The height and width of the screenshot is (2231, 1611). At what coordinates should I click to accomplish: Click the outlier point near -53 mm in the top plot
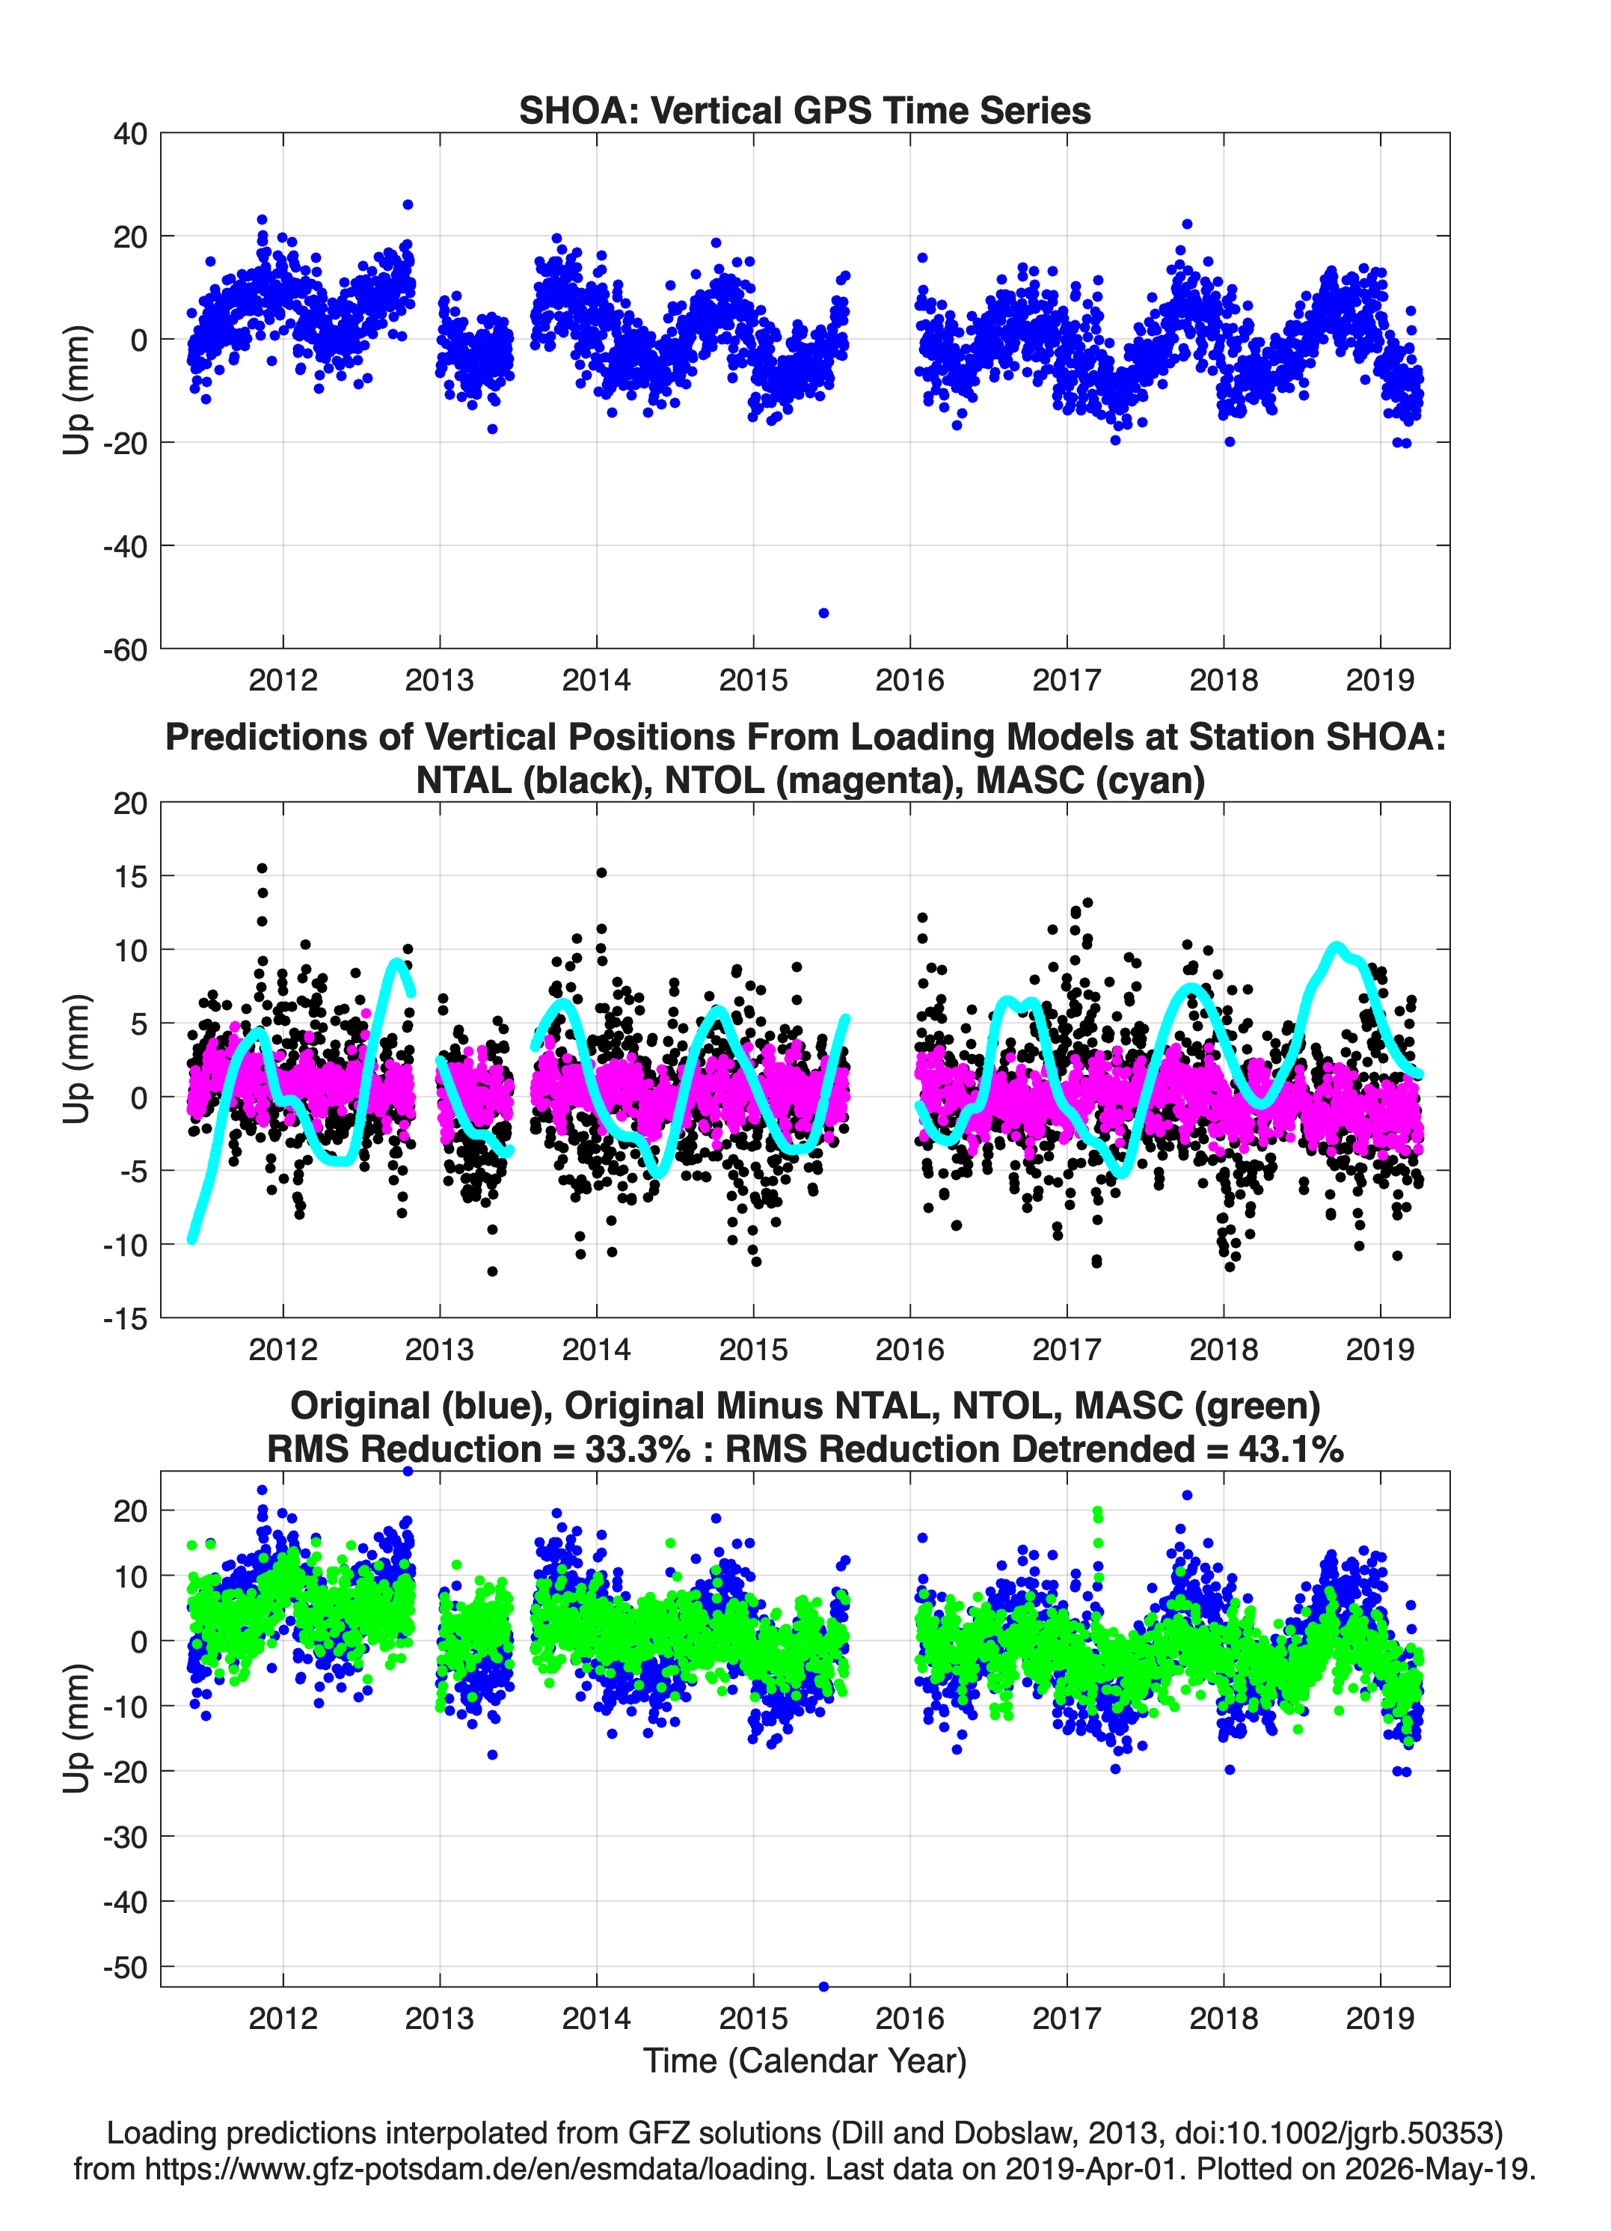click(x=823, y=613)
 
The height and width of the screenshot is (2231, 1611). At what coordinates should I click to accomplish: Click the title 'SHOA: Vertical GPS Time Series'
click(x=805, y=110)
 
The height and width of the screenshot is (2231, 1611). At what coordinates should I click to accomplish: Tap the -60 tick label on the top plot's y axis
click(x=125, y=649)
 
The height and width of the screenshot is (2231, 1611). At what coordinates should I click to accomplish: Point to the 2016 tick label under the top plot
click(x=909, y=680)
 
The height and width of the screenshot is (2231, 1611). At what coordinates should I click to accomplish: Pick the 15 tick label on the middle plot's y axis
click(x=131, y=875)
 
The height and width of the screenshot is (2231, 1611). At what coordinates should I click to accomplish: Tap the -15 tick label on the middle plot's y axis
click(x=125, y=1318)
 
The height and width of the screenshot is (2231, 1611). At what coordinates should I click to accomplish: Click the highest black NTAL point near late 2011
click(x=262, y=868)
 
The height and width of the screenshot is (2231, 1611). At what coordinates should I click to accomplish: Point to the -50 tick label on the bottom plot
click(x=125, y=1968)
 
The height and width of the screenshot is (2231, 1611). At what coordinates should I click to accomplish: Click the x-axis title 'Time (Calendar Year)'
click(x=805, y=2060)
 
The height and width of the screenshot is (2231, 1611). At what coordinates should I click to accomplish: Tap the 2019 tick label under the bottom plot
click(x=1380, y=2018)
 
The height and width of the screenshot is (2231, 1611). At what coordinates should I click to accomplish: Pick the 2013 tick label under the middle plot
click(x=440, y=1349)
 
